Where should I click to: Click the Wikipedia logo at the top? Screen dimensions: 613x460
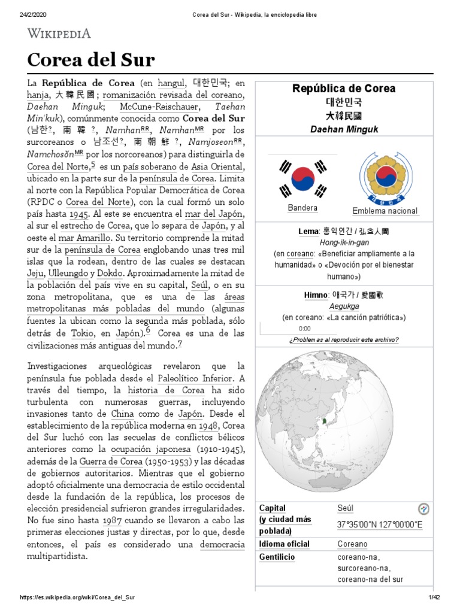pyautogui.click(x=58, y=34)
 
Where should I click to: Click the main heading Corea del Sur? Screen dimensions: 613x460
pyautogui.click(x=91, y=60)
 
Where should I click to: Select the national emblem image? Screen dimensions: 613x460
pyautogui.click(x=385, y=177)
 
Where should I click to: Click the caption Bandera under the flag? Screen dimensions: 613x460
pyautogui.click(x=302, y=208)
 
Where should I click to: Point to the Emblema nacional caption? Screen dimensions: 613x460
pyautogui.click(x=385, y=211)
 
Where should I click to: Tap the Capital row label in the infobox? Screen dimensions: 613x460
pyautogui.click(x=273, y=508)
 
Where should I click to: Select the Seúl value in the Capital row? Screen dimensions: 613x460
pyautogui.click(x=346, y=508)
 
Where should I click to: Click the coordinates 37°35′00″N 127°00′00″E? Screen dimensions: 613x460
pyautogui.click(x=380, y=525)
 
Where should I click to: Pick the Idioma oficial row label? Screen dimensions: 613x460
pyautogui.click(x=285, y=544)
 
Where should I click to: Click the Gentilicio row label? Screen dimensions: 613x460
pyautogui.click(x=277, y=557)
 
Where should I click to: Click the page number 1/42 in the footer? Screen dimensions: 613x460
pyautogui.click(x=434, y=597)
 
